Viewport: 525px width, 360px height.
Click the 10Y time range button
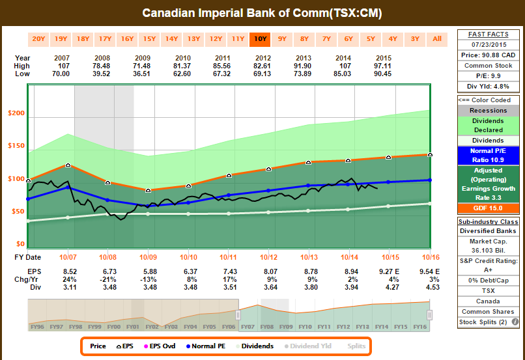(x=260, y=38)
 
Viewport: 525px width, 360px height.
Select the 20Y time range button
(x=38, y=38)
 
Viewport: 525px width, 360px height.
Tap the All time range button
(x=437, y=38)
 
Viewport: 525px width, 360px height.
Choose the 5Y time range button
(x=371, y=38)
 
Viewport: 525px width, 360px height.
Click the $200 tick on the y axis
(x=16, y=113)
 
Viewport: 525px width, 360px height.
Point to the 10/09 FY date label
(x=149, y=256)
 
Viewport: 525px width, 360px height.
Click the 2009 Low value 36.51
(x=149, y=74)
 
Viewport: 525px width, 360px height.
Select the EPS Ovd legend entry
(x=159, y=346)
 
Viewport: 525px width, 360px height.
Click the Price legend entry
(x=98, y=346)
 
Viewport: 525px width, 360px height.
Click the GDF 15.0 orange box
(x=487, y=208)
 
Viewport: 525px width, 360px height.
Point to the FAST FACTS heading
(x=487, y=34)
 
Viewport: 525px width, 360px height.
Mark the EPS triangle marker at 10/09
(x=149, y=190)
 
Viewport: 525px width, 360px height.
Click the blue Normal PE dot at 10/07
(x=68, y=187)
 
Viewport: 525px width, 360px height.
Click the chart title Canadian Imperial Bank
(x=262, y=13)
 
